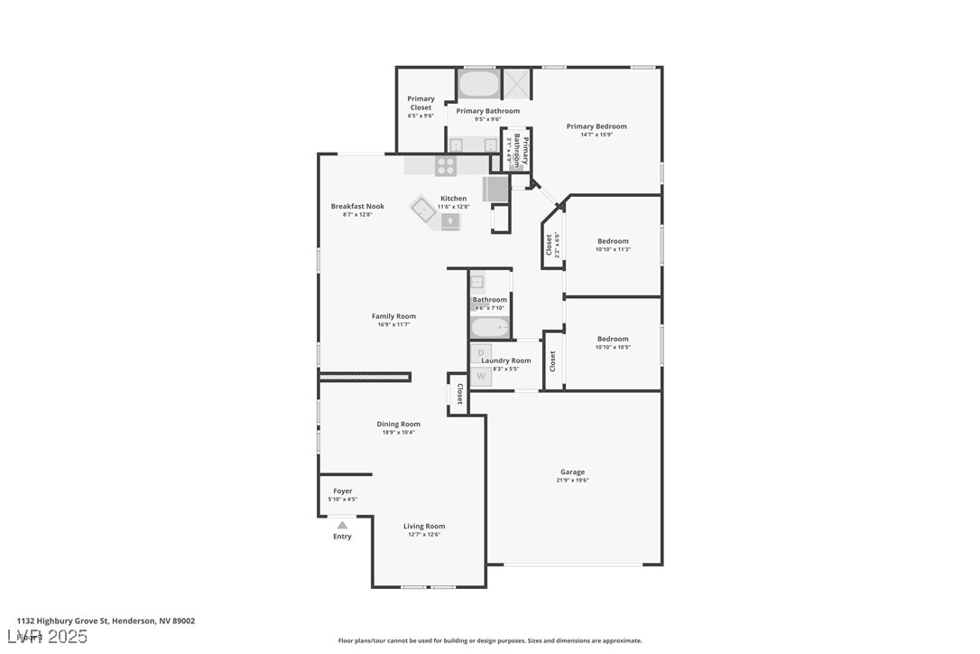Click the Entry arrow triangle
[x=342, y=525]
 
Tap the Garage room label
[x=572, y=472]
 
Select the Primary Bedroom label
[x=596, y=126]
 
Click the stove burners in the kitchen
[x=446, y=166]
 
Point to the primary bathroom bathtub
[x=478, y=85]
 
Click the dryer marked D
[x=481, y=352]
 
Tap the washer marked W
[x=481, y=376]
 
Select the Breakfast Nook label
[x=357, y=206]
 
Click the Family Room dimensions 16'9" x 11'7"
[x=393, y=324]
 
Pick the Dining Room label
[x=398, y=424]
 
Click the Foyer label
[x=342, y=491]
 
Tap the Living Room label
[x=423, y=526]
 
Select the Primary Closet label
[x=421, y=103]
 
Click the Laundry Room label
[x=506, y=360]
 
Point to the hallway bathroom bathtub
[x=490, y=326]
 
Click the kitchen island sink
[x=423, y=210]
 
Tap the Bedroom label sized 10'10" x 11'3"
[x=613, y=241]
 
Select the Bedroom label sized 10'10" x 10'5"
[x=613, y=339]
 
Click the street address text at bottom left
[x=106, y=621]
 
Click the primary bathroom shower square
[x=517, y=84]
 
